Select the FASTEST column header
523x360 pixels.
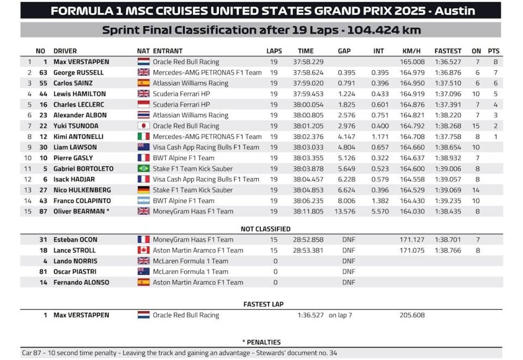[x=448, y=51]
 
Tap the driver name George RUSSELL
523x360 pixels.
[x=78, y=72]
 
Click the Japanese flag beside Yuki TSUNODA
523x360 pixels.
[x=143, y=126]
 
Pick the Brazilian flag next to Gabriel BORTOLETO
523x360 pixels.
[x=143, y=169]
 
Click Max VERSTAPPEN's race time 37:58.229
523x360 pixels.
[x=311, y=62]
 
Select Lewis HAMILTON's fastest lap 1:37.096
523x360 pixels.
[x=448, y=94]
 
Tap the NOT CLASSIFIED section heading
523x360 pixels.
[x=265, y=229]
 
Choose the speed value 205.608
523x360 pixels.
[x=412, y=315]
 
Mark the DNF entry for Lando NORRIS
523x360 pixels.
[x=348, y=261]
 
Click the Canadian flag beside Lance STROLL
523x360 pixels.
[x=143, y=251]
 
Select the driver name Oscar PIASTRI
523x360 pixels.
[x=75, y=272]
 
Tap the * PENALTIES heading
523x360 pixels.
[x=261, y=342]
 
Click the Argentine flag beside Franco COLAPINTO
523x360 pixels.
[x=143, y=201]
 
